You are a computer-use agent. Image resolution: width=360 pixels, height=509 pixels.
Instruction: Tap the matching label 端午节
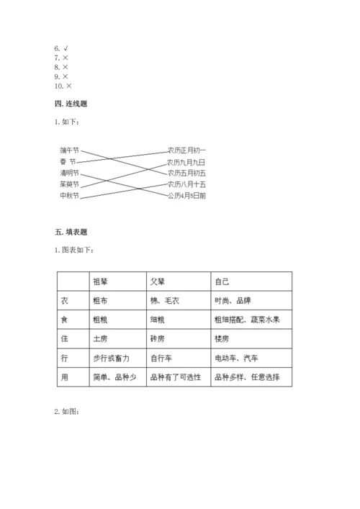(69, 150)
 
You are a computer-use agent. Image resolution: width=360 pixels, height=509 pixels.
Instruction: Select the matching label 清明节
(69, 173)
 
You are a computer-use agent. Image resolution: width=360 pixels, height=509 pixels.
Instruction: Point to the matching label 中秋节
(69, 195)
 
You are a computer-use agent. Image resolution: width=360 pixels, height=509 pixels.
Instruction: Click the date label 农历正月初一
(186, 150)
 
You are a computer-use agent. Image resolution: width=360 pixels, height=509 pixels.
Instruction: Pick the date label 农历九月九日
(186, 161)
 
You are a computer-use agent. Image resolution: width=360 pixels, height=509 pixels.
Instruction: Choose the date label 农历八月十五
(186, 184)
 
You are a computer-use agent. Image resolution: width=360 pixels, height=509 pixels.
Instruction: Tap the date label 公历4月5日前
(186, 195)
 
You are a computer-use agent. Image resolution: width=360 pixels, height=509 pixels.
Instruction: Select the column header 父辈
(157, 281)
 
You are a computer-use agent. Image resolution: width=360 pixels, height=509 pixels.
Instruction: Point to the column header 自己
(221, 281)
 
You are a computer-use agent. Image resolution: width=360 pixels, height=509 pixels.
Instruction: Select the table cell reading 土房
(101, 338)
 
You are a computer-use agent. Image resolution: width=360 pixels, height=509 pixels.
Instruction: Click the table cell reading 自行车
(161, 358)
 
